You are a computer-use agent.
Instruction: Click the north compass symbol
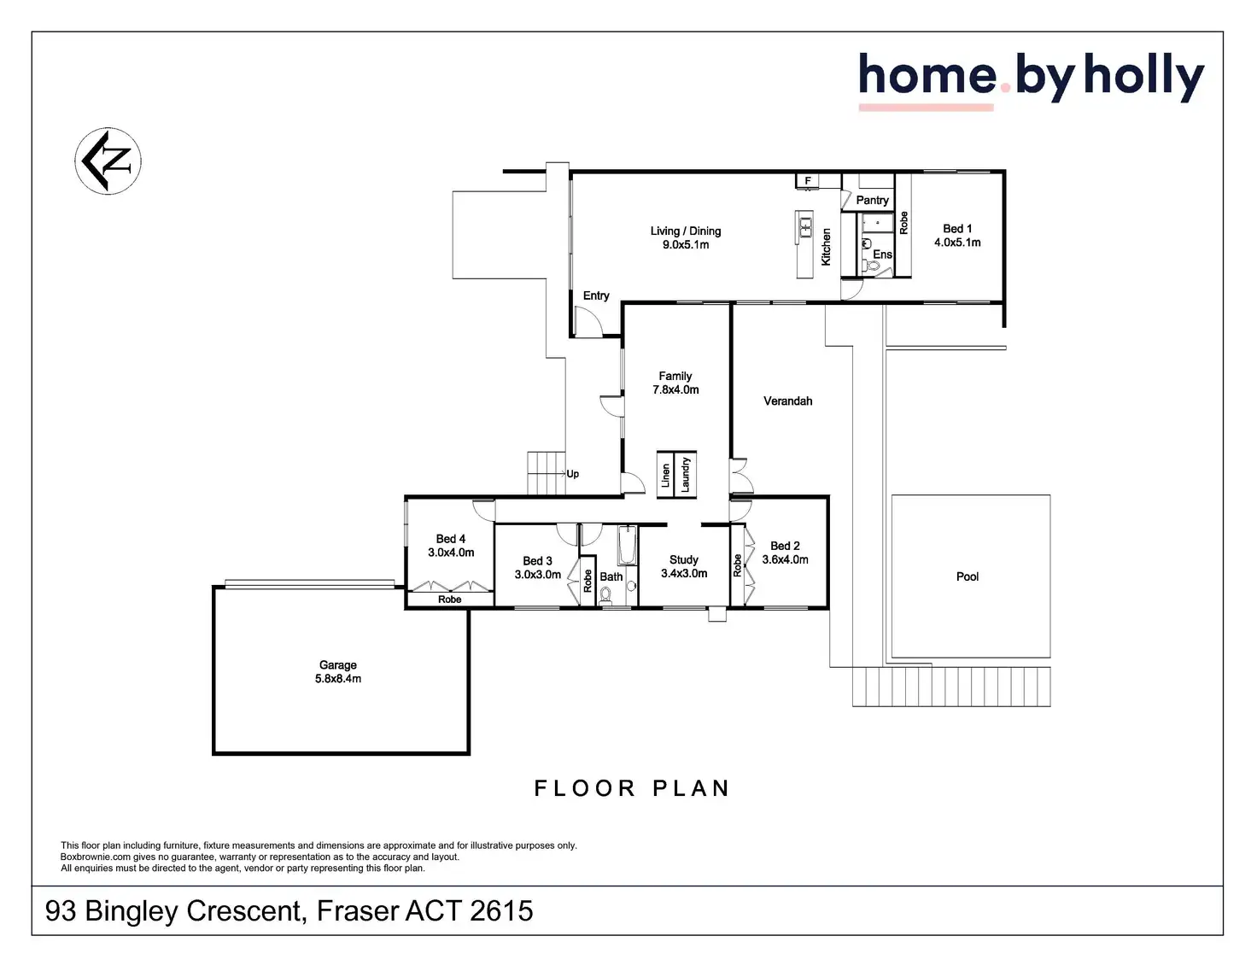click(108, 161)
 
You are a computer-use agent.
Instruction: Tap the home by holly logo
click(1030, 79)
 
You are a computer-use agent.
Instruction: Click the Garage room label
click(338, 665)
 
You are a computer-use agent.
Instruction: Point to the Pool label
click(968, 577)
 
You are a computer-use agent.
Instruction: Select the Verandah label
click(787, 401)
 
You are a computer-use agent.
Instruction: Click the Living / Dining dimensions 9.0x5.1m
click(686, 245)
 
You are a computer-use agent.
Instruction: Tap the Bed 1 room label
click(957, 229)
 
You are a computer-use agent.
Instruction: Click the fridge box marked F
click(808, 181)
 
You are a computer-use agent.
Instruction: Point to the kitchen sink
click(804, 226)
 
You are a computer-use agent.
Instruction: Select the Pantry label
click(873, 201)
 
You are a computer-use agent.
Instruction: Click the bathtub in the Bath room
click(627, 546)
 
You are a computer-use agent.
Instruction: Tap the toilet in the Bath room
click(606, 595)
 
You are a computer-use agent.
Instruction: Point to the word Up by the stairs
click(573, 474)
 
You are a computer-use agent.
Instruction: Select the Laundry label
click(686, 475)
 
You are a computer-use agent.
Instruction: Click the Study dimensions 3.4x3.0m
click(684, 574)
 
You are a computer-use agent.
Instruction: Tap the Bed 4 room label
click(451, 540)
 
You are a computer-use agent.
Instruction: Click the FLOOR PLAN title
click(632, 788)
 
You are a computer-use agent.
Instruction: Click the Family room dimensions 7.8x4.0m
click(675, 390)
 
